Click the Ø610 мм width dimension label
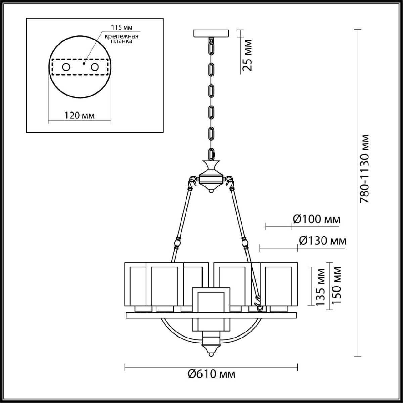point(212,374)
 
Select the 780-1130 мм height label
point(365,169)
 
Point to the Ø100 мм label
point(316,219)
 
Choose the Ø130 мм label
point(322,240)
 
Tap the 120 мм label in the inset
point(80,115)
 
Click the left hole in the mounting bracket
point(65,67)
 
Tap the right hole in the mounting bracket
point(95,67)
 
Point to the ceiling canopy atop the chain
point(212,33)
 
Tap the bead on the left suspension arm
point(177,241)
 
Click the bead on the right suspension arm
point(245,241)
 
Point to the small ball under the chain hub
point(211,190)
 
